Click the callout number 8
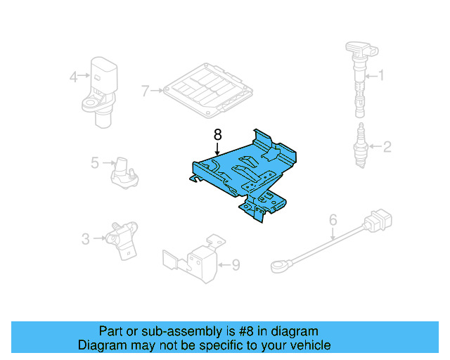pos(217,133)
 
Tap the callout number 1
pos(382,75)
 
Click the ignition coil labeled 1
pos(359,77)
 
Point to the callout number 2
pos(386,147)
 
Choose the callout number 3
pos(86,239)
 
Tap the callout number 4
pos(73,77)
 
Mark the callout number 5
pos(95,163)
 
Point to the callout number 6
pos(333,220)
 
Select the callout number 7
pos(146,91)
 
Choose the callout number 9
pos(236,265)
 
